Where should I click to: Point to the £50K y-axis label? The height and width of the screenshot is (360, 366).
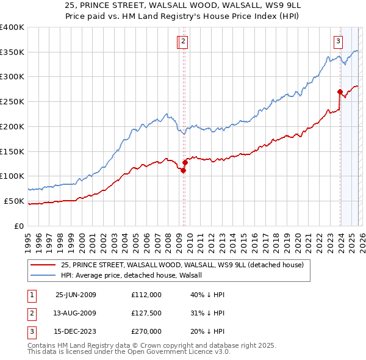coord(15,201)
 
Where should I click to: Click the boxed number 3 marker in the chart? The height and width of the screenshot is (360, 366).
coord(337,41)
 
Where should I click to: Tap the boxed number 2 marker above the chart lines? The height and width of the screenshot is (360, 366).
coord(183,41)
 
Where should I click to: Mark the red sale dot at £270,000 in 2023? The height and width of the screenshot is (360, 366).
coord(340,92)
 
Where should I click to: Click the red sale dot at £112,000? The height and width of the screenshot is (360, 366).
coord(183,170)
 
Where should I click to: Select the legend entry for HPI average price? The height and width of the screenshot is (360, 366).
coord(135,275)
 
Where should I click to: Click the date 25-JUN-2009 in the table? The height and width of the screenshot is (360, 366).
coord(76,295)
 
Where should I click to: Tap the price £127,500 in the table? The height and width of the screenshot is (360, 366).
coord(146,313)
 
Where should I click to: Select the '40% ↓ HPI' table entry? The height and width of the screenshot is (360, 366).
coord(207,295)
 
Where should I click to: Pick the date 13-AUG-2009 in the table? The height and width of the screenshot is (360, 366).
coord(76,313)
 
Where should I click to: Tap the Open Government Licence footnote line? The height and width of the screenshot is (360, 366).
coord(129,352)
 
